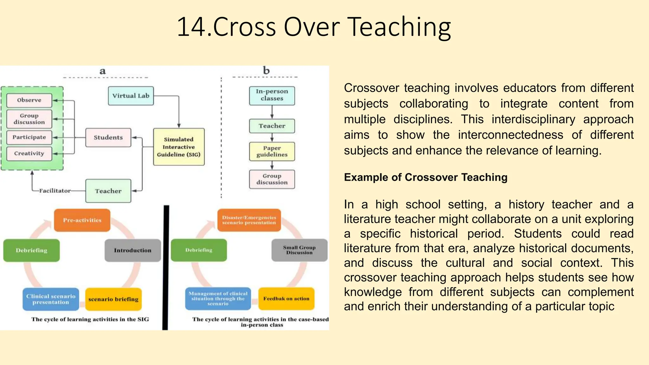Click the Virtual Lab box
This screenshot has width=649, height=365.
click(131, 96)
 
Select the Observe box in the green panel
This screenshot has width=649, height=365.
click(29, 100)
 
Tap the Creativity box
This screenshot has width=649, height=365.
click(29, 153)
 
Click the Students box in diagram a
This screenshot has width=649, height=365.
click(108, 138)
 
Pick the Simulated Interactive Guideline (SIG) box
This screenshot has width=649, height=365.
click(179, 147)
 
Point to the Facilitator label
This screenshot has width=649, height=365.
click(55, 191)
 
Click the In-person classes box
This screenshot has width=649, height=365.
click(272, 95)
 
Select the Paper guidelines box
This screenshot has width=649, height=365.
click(272, 151)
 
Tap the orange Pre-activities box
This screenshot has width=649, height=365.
click(82, 220)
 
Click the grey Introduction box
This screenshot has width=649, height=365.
click(133, 250)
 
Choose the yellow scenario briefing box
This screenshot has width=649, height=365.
click(113, 299)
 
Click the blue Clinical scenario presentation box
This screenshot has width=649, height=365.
click(51, 299)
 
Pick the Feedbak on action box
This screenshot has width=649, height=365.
click(286, 298)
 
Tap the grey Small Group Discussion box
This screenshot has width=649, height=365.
click(299, 250)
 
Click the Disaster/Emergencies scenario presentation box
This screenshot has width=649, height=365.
click(249, 220)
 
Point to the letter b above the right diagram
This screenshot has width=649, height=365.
click(266, 70)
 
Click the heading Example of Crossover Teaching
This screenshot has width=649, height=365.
click(426, 177)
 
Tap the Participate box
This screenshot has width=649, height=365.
click(29, 137)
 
